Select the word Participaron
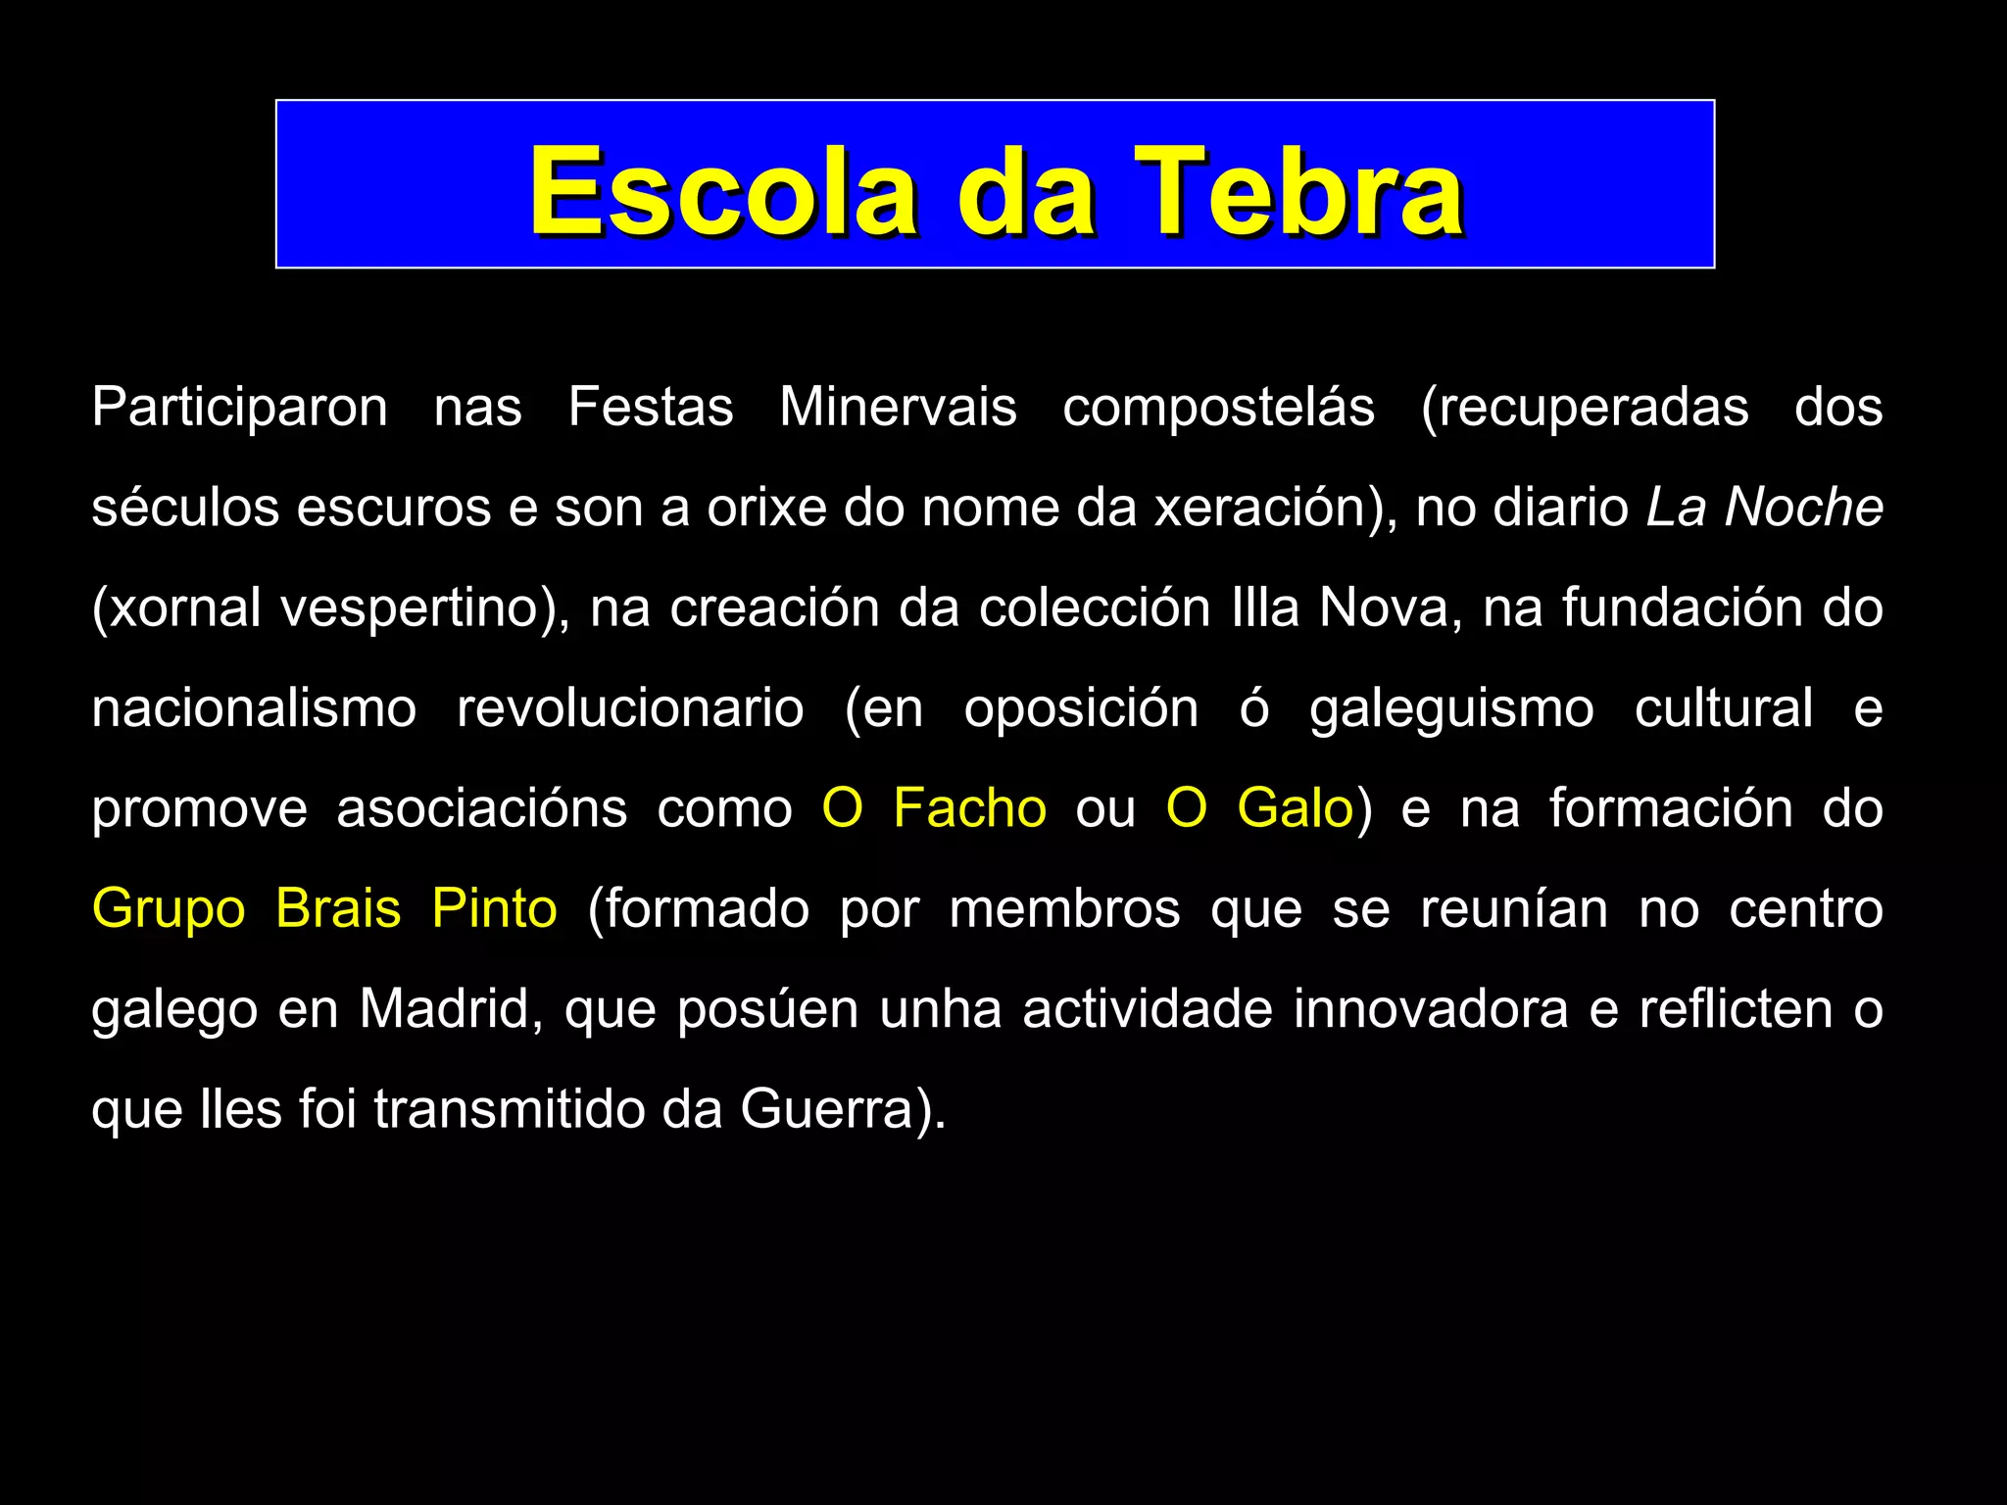coord(239,408)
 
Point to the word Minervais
coord(898,408)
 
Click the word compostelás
coord(1218,408)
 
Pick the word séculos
coord(185,508)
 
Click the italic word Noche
coord(1803,508)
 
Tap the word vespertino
coord(416,608)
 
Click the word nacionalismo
coord(254,708)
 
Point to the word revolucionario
coord(630,708)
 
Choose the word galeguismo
coord(1451,708)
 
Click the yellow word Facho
coord(969,809)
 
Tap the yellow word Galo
coord(1295,809)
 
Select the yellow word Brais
coord(338,909)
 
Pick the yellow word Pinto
coord(495,909)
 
